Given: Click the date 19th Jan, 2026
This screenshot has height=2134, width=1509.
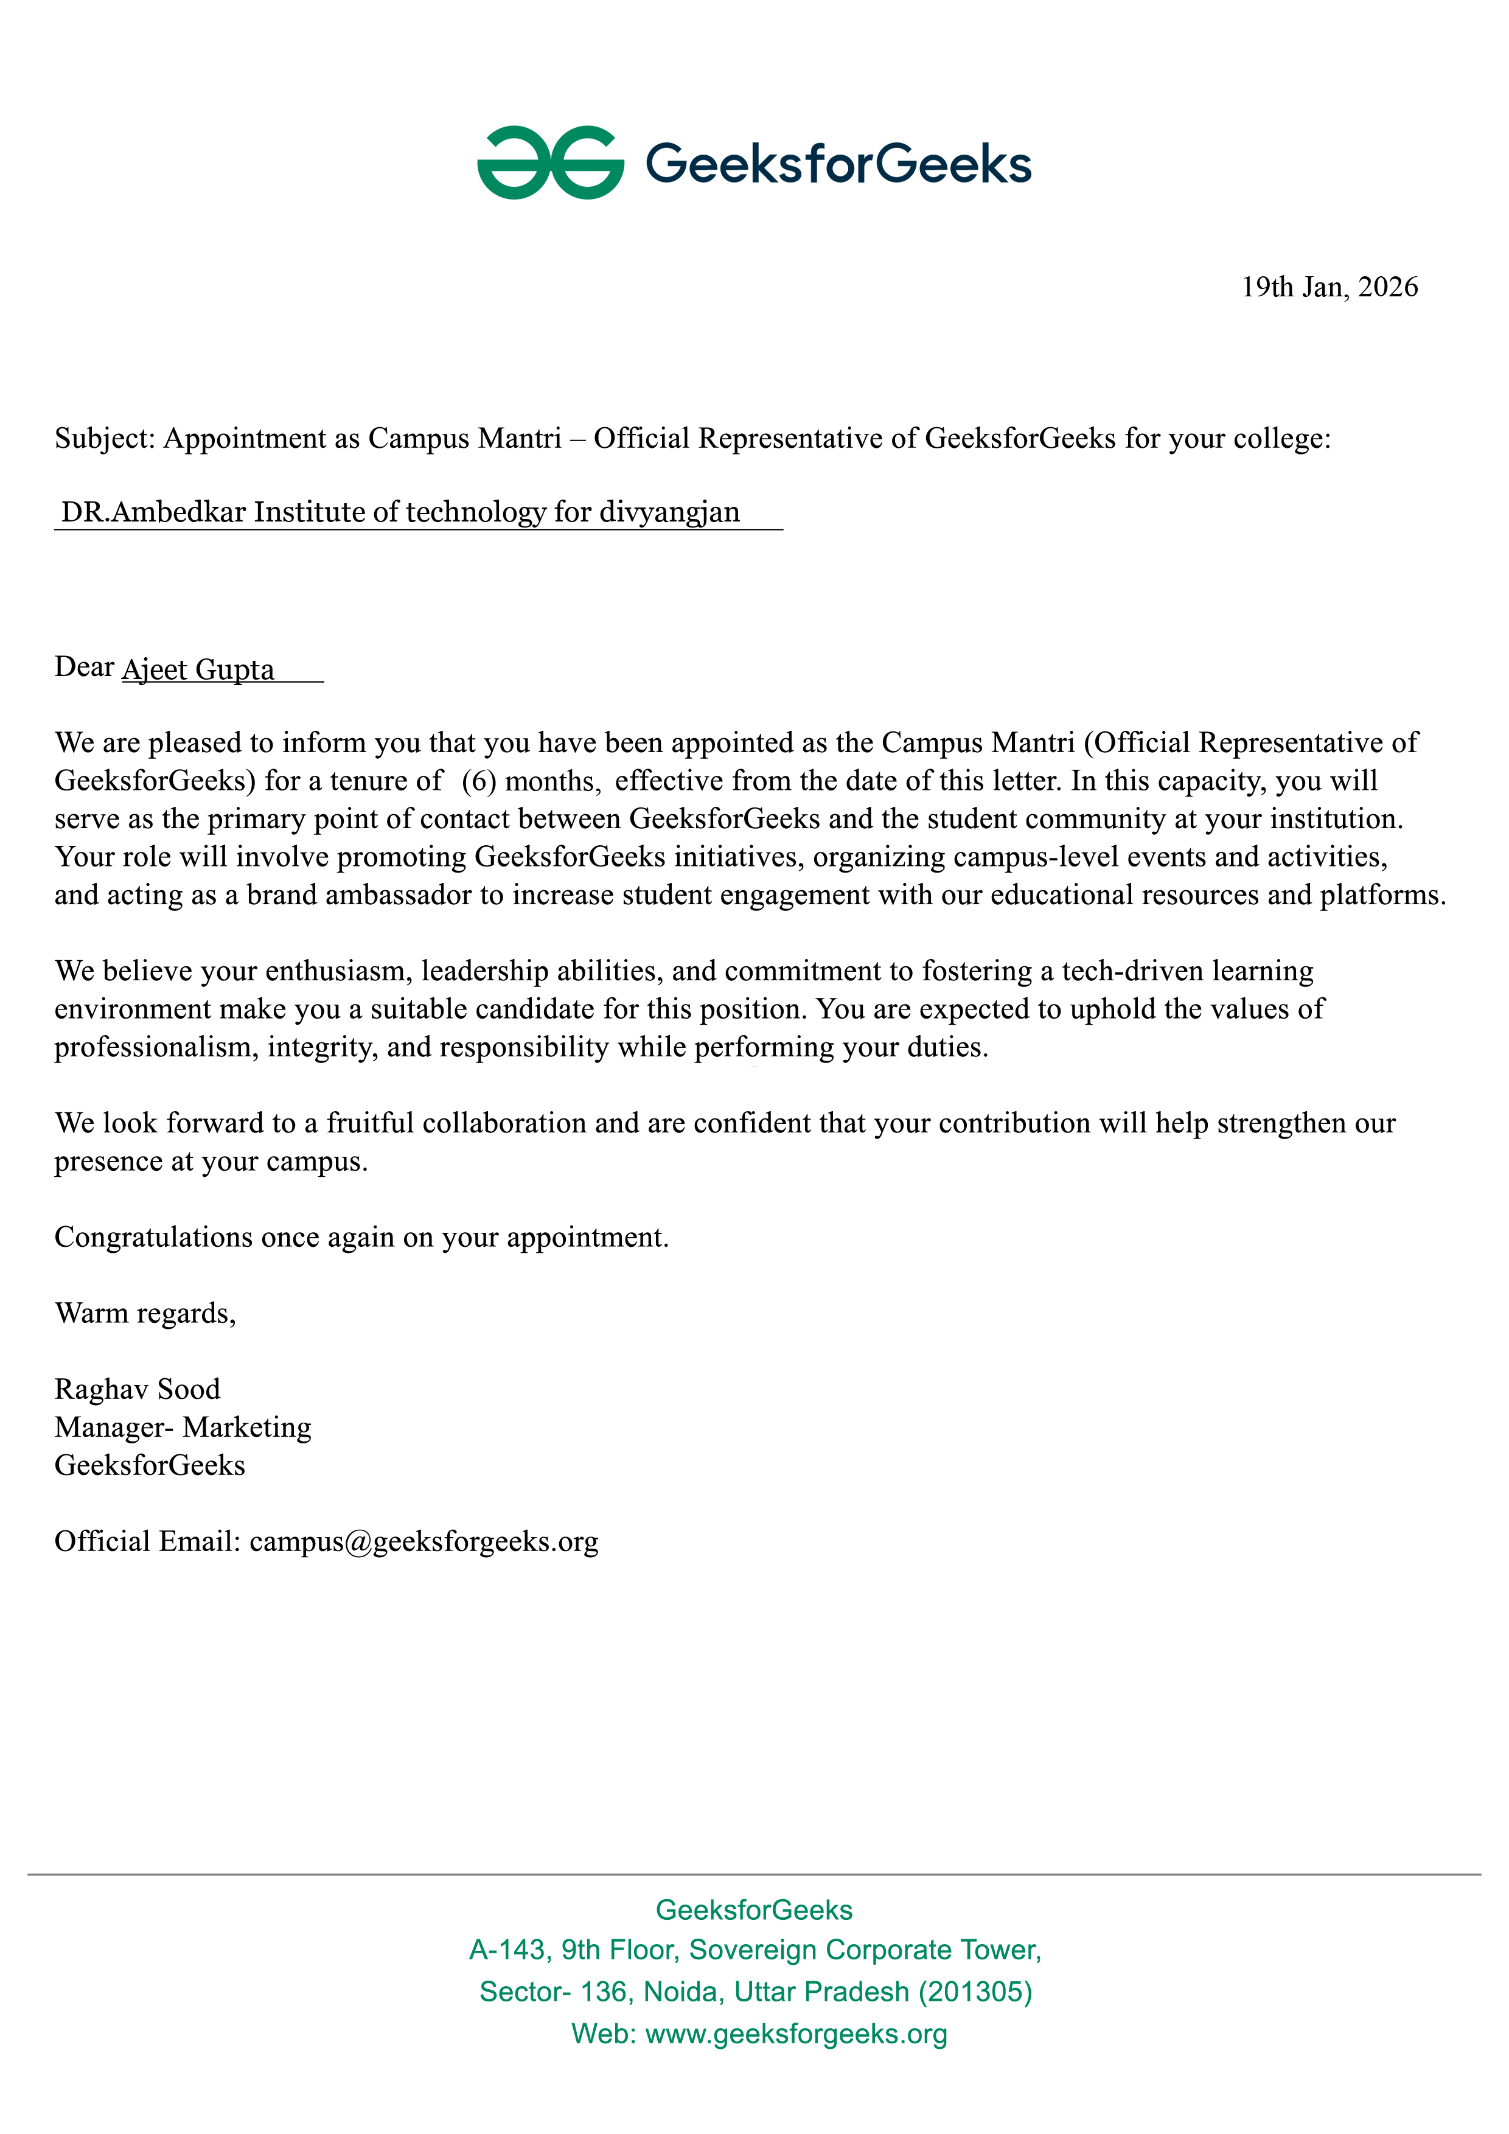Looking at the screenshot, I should point(1329,287).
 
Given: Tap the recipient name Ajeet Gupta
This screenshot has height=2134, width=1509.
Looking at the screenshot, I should point(198,669).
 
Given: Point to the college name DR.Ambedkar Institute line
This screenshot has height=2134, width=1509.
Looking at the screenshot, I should point(400,512).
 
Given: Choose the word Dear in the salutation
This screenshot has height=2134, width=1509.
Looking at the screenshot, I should point(83,668).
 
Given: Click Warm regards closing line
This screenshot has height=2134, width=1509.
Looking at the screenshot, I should point(145,1313).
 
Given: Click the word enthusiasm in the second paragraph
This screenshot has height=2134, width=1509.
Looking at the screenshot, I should point(338,971).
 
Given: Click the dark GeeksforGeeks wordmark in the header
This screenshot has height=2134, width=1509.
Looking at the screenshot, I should point(838,164).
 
